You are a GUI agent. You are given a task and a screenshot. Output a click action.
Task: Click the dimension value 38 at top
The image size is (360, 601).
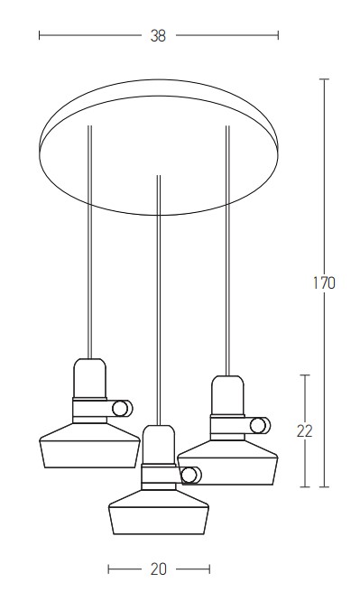pyautogui.click(x=158, y=36)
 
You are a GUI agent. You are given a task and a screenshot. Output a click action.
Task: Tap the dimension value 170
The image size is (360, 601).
pyautogui.click(x=324, y=282)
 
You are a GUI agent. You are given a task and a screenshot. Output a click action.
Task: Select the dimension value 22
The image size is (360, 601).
pyautogui.click(x=305, y=431)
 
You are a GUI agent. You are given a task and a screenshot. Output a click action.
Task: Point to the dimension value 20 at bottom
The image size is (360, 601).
pyautogui.click(x=158, y=569)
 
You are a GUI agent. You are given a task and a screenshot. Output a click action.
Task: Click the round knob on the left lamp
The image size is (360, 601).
pyautogui.click(x=122, y=408)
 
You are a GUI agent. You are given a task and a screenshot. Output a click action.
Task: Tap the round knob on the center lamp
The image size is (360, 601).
pyautogui.click(x=190, y=476)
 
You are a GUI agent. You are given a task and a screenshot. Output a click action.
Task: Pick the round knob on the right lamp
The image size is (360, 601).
pyautogui.click(x=260, y=425)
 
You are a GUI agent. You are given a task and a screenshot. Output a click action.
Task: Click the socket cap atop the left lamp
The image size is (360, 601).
pyautogui.click(x=89, y=378)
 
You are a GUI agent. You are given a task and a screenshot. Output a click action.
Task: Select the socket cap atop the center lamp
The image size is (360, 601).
pyautogui.click(x=159, y=445)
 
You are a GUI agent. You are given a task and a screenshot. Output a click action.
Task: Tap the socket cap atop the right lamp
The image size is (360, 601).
pyautogui.click(x=227, y=395)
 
